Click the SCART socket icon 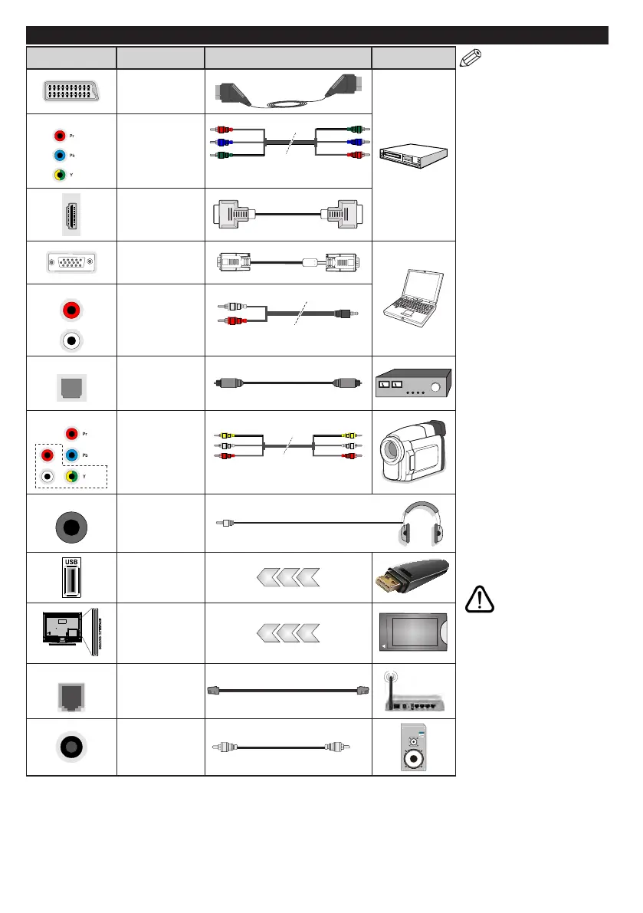(x=71, y=90)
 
